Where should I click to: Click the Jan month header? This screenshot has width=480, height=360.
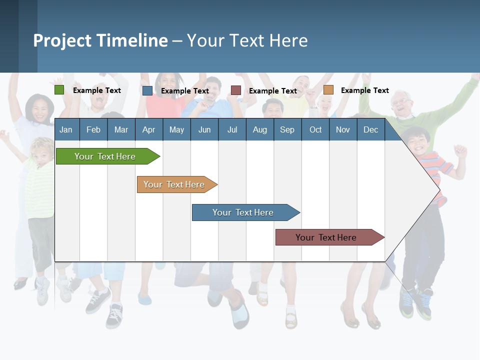pos(66,129)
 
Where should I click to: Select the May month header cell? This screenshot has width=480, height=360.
pos(176,129)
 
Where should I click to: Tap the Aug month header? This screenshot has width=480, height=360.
pos(259,129)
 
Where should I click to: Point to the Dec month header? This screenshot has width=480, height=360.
pos(370,129)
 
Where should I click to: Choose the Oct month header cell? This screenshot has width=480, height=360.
pos(315,129)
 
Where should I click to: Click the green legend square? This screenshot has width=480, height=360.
pos(59,90)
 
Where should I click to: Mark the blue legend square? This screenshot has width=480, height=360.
pos(147,90)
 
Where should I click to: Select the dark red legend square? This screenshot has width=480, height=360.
pos(236,90)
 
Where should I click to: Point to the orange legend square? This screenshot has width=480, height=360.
pos(328,90)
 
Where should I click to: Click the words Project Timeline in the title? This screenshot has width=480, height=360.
pos(100,40)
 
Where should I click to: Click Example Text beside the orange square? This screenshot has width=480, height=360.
pos(364,90)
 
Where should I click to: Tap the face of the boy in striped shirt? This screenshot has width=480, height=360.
pos(418,140)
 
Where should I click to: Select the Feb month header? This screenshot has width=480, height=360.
pos(93,129)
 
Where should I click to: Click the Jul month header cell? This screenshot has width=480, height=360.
pos(232,129)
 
